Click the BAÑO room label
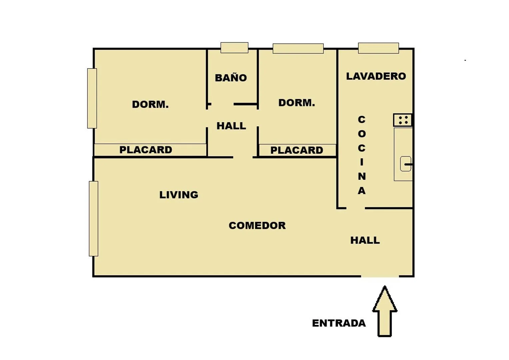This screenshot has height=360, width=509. click(x=231, y=77)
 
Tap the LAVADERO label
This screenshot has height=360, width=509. click(x=376, y=76)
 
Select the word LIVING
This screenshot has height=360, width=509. click(x=179, y=195)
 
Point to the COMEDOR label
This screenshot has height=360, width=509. click(x=257, y=225)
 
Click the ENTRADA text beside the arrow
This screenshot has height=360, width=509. click(x=339, y=323)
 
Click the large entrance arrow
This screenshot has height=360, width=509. click(x=385, y=311)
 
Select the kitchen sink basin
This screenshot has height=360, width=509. click(x=406, y=164)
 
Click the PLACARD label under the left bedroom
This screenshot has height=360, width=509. click(x=146, y=150)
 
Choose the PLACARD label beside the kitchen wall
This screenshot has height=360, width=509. click(x=297, y=150)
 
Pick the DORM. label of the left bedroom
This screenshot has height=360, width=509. click(x=150, y=105)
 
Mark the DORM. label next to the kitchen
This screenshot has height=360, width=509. click(x=297, y=103)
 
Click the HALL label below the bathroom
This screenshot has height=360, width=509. click(x=231, y=126)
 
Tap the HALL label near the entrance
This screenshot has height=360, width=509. click(x=365, y=240)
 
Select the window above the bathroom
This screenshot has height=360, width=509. click(x=234, y=48)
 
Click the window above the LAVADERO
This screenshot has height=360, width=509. click(x=379, y=48)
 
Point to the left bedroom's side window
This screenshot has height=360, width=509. click(x=92, y=98)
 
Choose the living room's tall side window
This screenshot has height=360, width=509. click(x=94, y=219)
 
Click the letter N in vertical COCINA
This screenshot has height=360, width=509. click(x=362, y=176)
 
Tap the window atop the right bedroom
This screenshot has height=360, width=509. click(x=298, y=49)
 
